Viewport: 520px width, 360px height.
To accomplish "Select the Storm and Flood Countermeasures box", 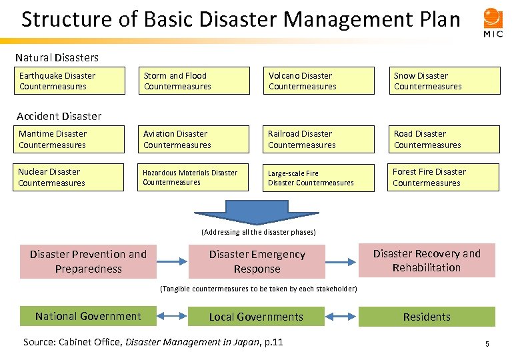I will [x=194, y=81].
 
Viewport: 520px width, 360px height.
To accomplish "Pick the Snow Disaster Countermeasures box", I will [x=445, y=81].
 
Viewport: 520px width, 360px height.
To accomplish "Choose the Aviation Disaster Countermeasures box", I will [x=194, y=139].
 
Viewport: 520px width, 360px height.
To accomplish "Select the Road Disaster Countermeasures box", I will [x=445, y=139].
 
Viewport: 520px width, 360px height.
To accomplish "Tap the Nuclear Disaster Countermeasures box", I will [x=69, y=177].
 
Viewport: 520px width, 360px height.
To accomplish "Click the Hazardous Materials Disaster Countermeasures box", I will [x=194, y=177].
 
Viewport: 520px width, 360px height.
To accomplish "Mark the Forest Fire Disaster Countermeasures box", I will [x=443, y=177].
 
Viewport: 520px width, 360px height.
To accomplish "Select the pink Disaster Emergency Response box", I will [x=257, y=261].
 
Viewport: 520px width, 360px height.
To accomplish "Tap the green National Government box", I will [x=88, y=317].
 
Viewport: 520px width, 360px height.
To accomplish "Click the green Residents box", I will [x=427, y=317].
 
